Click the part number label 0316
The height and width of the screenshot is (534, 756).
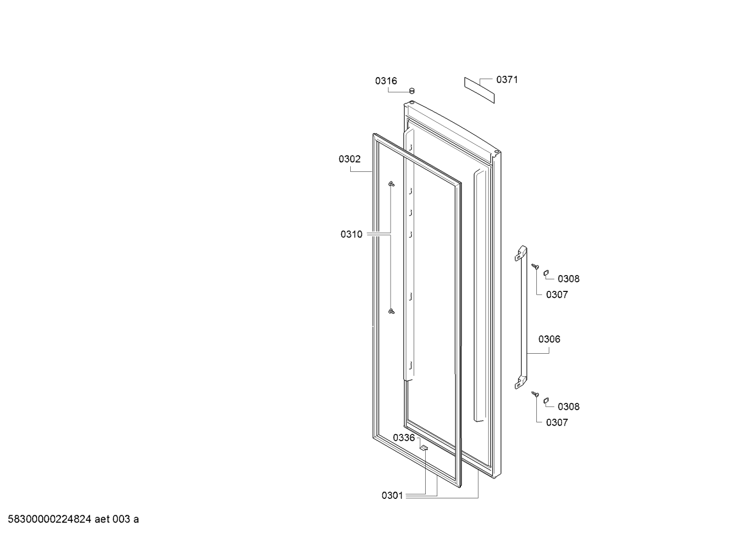(x=386, y=81)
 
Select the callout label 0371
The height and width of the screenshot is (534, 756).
(x=507, y=80)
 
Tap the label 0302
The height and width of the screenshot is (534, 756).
(x=350, y=159)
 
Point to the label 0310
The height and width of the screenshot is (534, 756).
(x=351, y=234)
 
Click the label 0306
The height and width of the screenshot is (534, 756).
(x=549, y=339)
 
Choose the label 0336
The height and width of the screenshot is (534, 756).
(x=404, y=438)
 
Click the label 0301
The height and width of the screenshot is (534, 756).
(x=392, y=496)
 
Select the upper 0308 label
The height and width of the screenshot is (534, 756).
(x=569, y=279)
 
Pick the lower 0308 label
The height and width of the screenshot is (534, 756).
(x=569, y=407)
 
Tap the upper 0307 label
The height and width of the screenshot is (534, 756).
(x=557, y=295)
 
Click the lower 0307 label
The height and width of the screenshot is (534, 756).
(x=557, y=422)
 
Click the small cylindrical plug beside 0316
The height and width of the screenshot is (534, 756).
(x=412, y=91)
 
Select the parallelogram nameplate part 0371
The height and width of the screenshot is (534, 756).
(x=479, y=90)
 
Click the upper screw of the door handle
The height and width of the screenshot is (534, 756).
(x=535, y=267)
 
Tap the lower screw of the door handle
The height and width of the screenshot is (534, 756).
(x=535, y=394)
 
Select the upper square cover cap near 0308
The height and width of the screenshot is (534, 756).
(x=546, y=273)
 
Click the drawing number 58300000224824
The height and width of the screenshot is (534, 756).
(x=49, y=519)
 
